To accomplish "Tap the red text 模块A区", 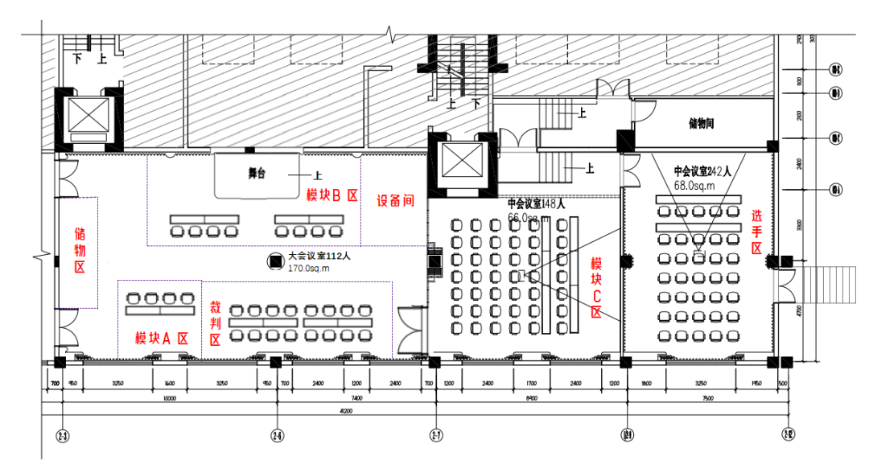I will [161, 339].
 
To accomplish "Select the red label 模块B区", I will [332, 195].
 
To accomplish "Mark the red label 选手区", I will [757, 232].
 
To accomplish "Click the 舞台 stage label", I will [257, 174].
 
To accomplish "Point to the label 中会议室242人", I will [702, 170].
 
